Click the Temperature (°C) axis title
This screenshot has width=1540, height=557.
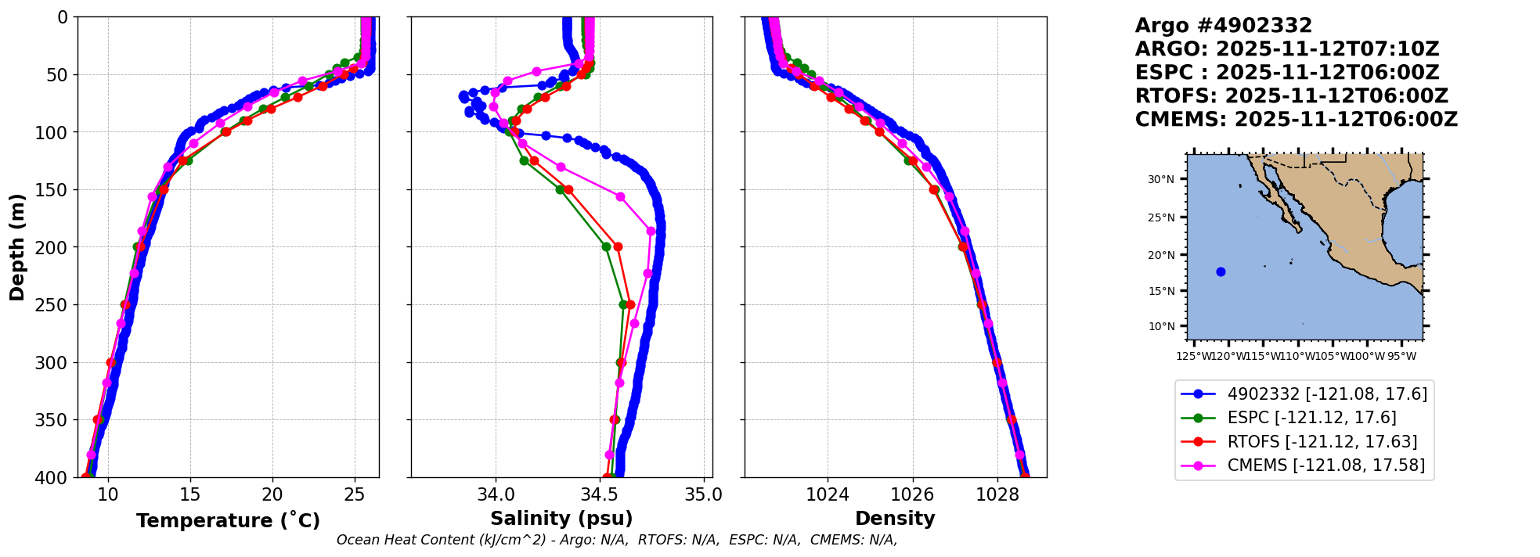pyautogui.click(x=228, y=521)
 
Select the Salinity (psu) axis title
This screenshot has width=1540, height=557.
pyautogui.click(x=561, y=519)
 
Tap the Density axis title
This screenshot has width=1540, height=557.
pyautogui.click(x=895, y=519)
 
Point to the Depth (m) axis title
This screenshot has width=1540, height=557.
pyautogui.click(x=17, y=246)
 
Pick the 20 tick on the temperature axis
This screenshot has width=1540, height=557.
pyautogui.click(x=272, y=494)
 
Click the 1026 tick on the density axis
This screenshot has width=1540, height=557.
pyautogui.click(x=913, y=494)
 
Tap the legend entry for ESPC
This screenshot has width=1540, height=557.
pyautogui.click(x=1311, y=418)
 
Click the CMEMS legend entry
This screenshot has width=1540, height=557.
pyautogui.click(x=1325, y=465)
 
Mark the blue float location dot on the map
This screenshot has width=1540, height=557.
pyautogui.click(x=1221, y=272)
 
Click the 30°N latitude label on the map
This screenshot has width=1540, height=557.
pyautogui.click(x=1161, y=180)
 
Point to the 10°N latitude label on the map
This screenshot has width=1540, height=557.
pyautogui.click(x=1161, y=326)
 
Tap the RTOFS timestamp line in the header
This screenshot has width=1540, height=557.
pyautogui.click(x=1292, y=96)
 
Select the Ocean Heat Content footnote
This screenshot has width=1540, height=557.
pyautogui.click(x=617, y=540)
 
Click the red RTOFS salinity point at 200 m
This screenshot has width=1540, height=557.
pyautogui.click(x=618, y=247)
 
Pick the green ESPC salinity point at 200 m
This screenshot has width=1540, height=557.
pyautogui.click(x=606, y=247)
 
